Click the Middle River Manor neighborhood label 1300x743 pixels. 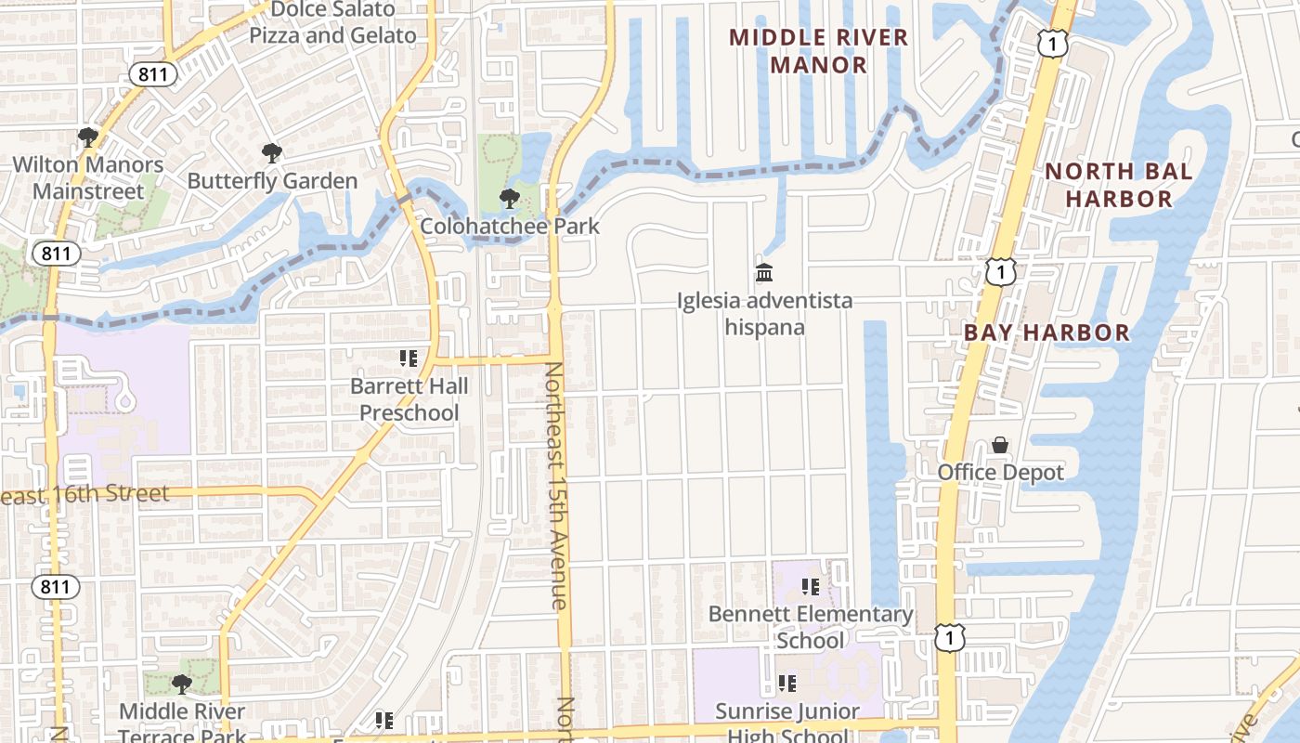point(818,51)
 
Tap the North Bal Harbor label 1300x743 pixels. point(1118,185)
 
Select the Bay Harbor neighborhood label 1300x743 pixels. point(1046,332)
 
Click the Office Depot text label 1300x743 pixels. point(1000,472)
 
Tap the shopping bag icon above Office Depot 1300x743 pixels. point(1000,446)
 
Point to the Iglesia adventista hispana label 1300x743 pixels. point(764,314)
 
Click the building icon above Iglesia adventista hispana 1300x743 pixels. point(764,273)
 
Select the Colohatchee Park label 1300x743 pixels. point(510,226)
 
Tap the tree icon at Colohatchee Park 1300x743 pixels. point(509,198)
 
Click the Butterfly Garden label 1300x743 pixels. point(272,181)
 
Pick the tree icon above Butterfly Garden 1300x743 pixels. point(271,153)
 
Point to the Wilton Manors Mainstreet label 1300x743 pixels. point(87,178)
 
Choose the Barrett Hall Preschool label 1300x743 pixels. point(409,399)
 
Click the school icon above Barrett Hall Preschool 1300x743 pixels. point(409,358)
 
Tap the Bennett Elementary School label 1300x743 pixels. point(811,627)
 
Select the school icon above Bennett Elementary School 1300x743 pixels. point(811,587)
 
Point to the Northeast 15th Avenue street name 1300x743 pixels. point(554,485)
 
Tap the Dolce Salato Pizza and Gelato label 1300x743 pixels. point(332,23)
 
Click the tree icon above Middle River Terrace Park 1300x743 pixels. point(182,684)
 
